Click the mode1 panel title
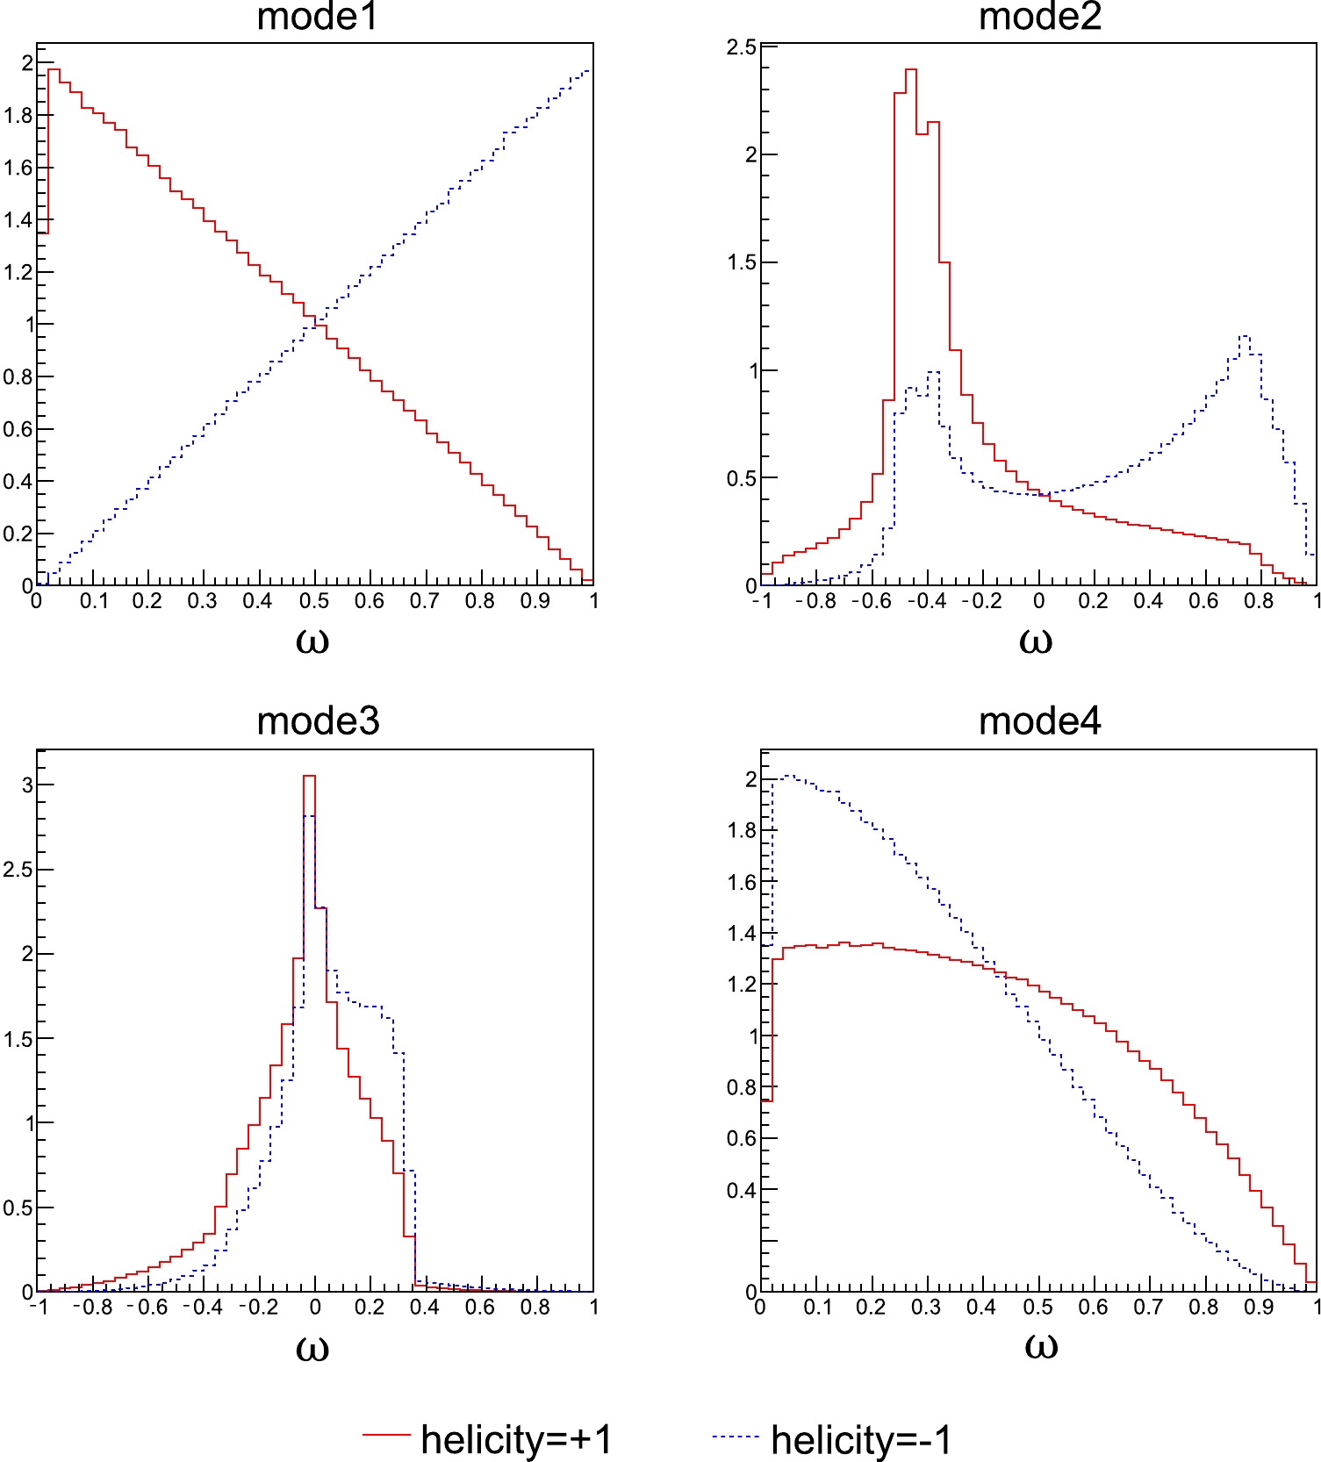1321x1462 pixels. click(x=317, y=18)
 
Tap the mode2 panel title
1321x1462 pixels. click(x=1039, y=18)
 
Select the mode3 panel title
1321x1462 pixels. click(x=317, y=721)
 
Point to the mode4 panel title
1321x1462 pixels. click(x=1039, y=721)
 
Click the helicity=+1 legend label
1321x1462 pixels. click(x=516, y=1439)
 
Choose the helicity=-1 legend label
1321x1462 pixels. click(x=861, y=1439)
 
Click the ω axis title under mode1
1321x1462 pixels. click(x=312, y=641)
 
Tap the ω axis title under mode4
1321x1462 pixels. click(x=1040, y=1346)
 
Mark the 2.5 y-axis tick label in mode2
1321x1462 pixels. click(x=741, y=47)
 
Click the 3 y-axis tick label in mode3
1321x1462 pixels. click(x=27, y=785)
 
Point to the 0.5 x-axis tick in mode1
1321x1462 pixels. click(x=313, y=601)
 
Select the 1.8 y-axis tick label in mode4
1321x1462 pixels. click(x=741, y=830)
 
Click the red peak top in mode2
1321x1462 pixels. click(x=910, y=70)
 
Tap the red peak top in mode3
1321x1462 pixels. click(x=309, y=777)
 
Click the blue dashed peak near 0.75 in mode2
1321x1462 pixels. click(x=1244, y=336)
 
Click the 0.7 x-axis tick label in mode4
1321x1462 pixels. click(x=1147, y=1307)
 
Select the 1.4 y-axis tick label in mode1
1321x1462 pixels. click(x=18, y=219)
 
